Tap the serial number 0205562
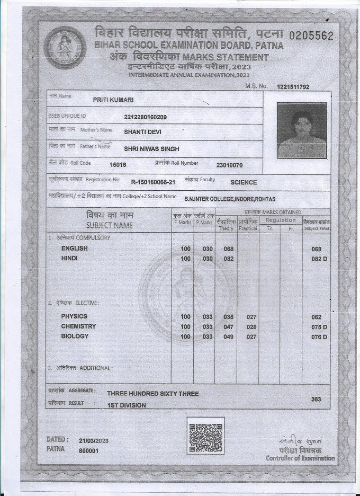[x=311, y=36]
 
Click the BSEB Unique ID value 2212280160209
[x=145, y=117]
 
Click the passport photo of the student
[x=301, y=130]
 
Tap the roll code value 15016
[x=118, y=165]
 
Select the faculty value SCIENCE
[x=244, y=182]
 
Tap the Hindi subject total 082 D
[x=319, y=259]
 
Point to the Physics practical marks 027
[x=251, y=317]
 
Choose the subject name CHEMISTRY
[x=78, y=326]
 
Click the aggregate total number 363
[x=317, y=399]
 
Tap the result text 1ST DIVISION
[x=127, y=405]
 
